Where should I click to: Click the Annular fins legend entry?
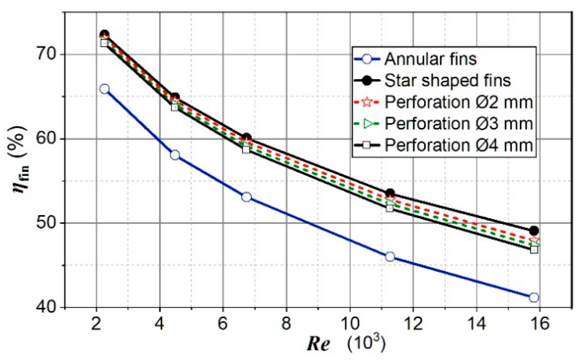[430, 59]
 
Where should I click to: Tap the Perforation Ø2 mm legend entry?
[458, 102]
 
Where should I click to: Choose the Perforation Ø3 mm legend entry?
[458, 123]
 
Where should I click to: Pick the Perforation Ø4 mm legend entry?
[458, 145]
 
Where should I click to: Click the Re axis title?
[319, 344]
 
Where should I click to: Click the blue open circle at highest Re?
[534, 297]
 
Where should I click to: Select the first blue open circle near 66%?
[104, 89]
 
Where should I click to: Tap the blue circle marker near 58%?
[175, 155]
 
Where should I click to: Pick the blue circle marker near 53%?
[246, 197]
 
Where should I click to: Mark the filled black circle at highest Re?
[534, 230]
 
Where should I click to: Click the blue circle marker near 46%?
[390, 257]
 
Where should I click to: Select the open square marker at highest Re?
[534, 250]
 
